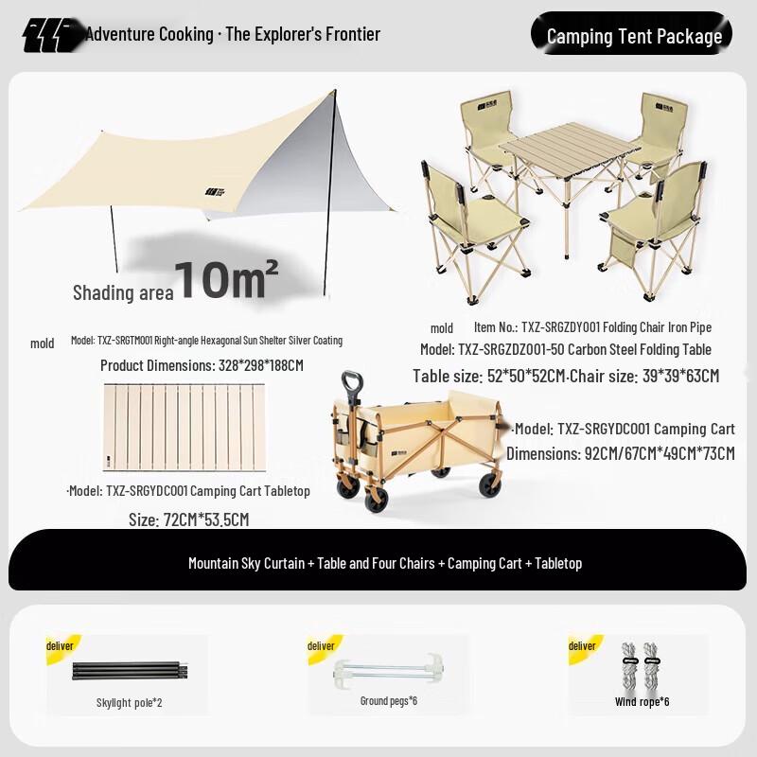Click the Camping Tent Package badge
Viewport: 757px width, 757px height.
[634, 36]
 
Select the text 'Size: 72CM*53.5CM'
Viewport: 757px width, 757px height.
[188, 519]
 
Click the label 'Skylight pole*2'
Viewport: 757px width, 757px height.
[129, 702]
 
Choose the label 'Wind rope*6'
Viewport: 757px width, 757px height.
[642, 701]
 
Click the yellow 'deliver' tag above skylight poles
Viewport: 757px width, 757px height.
[61, 645]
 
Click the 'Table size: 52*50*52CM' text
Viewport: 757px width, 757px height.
[488, 376]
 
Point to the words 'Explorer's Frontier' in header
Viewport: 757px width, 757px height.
[319, 35]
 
